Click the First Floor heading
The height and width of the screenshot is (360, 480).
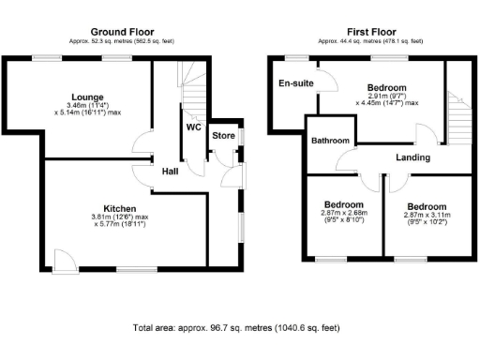pos(369,32)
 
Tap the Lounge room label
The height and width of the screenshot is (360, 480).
pos(86,97)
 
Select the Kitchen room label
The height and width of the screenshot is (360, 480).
pos(120,208)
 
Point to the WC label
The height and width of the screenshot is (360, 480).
pos(194,127)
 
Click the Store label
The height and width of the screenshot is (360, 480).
pos(223,136)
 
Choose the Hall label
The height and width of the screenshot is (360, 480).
pos(170,172)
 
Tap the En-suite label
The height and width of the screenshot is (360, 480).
pos(295,83)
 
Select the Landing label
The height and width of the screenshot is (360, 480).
pos(412,157)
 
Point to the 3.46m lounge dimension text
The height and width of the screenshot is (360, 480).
pos(86,105)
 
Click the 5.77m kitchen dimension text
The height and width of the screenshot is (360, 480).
pos(120,226)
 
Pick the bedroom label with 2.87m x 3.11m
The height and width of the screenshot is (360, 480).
pos(426,205)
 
